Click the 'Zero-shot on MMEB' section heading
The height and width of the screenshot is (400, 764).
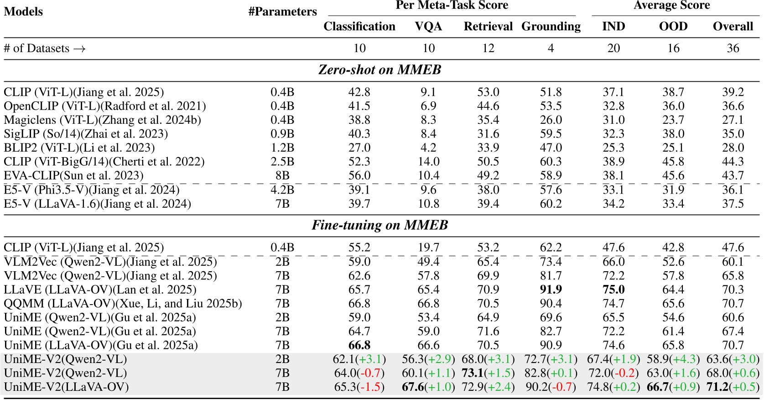point(379,70)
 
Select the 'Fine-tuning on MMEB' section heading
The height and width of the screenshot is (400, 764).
point(379,225)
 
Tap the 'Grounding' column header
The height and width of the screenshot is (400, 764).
point(551,26)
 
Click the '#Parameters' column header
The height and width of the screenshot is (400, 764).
point(282,12)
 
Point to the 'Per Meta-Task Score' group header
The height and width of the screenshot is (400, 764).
point(452,5)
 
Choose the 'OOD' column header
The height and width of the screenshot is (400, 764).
point(673,26)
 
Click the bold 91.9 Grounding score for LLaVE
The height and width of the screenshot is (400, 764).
point(551,289)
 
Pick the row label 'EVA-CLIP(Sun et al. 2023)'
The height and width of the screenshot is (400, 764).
point(73,176)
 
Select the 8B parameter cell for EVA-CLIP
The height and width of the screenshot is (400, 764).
point(282,176)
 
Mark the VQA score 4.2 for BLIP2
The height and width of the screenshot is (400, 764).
point(428,148)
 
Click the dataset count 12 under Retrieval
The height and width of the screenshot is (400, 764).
point(488,48)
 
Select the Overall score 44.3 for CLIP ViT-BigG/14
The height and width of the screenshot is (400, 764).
point(733,162)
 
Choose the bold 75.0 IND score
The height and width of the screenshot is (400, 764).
point(613,289)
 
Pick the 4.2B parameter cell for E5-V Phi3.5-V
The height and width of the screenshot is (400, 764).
point(282,190)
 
